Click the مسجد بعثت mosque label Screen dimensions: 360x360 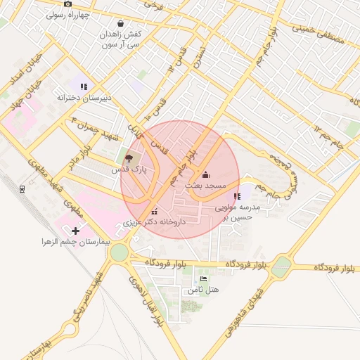click(205, 185)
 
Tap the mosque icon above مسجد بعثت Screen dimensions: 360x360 click(205, 174)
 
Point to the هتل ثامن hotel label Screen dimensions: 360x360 click(203, 290)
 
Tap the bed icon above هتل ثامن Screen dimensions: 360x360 click(204, 279)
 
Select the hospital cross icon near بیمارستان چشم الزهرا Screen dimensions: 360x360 click(75, 230)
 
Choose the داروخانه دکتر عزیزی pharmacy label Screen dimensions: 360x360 click(154, 221)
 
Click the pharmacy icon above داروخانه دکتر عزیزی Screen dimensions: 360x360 click(154, 211)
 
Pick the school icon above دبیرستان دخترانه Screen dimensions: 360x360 click(84, 86)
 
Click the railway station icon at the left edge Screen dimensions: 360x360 click(22, 188)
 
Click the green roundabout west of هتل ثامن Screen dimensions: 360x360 click(119, 252)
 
